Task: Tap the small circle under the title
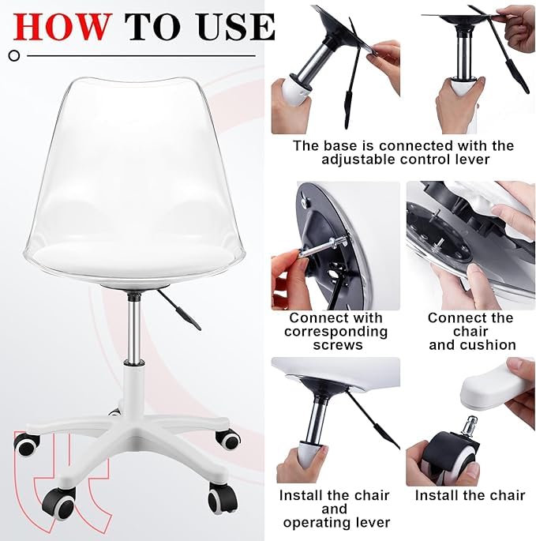(x=13, y=55)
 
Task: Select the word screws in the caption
(x=335, y=345)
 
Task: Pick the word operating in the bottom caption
(x=334, y=522)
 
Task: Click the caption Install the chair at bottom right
(x=470, y=496)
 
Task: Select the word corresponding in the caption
(x=335, y=332)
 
